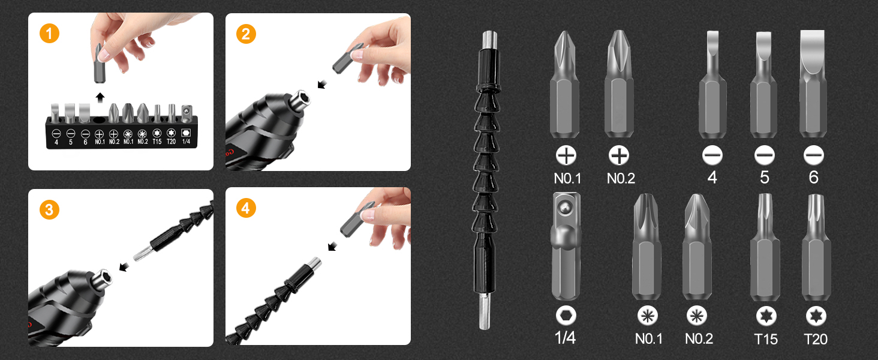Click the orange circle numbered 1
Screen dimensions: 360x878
pyautogui.click(x=49, y=34)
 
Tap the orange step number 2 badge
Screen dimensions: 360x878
pyautogui.click(x=245, y=34)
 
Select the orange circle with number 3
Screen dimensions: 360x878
pyautogui.click(x=49, y=210)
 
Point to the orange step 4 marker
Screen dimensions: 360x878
pyautogui.click(x=245, y=209)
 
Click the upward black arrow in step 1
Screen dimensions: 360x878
pyautogui.click(x=100, y=97)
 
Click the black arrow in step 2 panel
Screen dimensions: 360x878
pyautogui.click(x=322, y=83)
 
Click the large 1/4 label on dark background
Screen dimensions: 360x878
pyautogui.click(x=565, y=338)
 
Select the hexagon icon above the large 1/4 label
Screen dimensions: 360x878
pyautogui.click(x=566, y=316)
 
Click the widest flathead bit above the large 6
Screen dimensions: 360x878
pyautogui.click(x=813, y=84)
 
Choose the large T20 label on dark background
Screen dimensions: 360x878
pyautogui.click(x=815, y=339)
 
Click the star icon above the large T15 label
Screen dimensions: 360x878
pyautogui.click(x=765, y=316)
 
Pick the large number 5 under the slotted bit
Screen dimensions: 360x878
pyautogui.click(x=763, y=178)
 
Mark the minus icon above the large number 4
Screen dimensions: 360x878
pyautogui.click(x=712, y=156)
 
